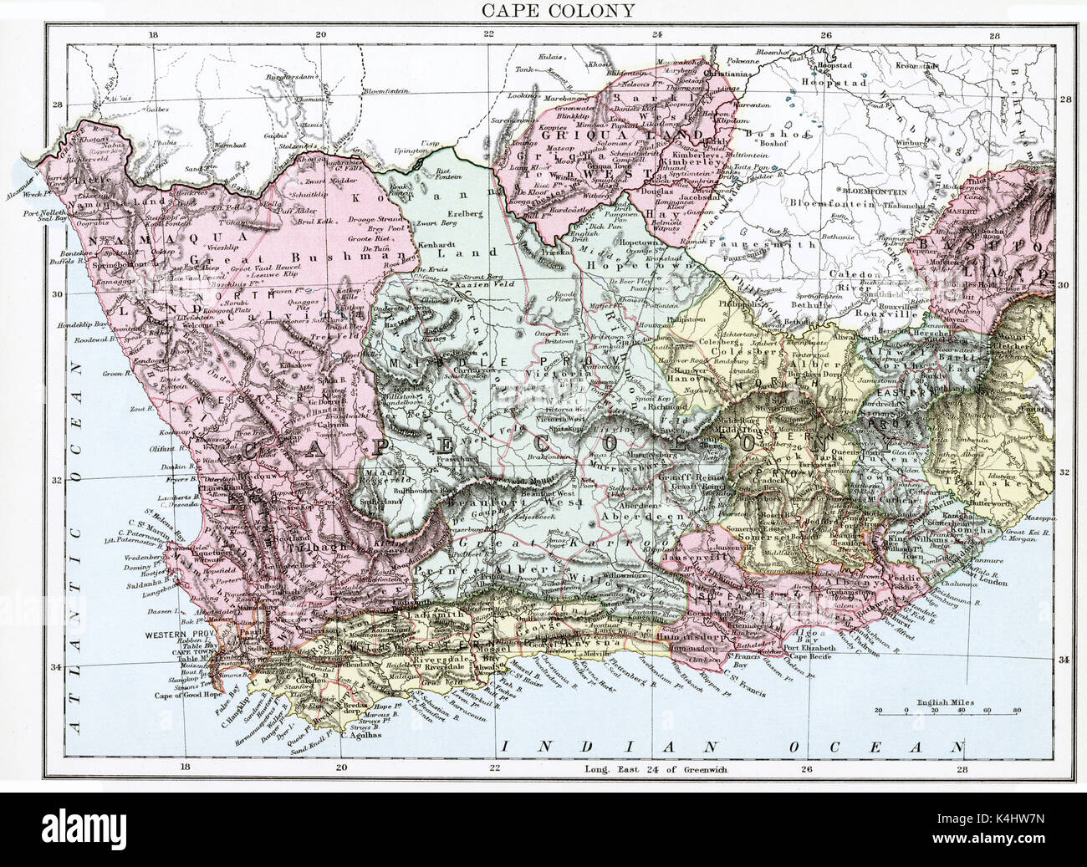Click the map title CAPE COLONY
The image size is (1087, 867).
[x=543, y=10]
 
